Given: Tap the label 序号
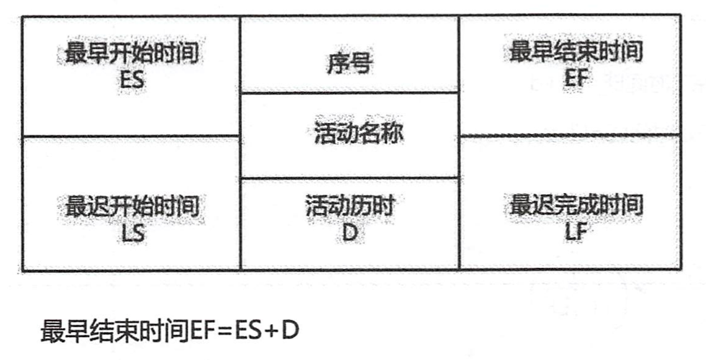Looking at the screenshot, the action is pyautogui.click(x=349, y=66).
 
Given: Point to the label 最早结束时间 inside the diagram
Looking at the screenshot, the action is pyautogui.click(x=576, y=52).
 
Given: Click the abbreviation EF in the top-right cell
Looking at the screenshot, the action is pyautogui.click(x=576, y=76).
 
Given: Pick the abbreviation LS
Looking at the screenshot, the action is pyautogui.click(x=133, y=232).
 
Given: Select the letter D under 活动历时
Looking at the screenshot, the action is pyautogui.click(x=349, y=232).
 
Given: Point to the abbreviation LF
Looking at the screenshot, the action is pyautogui.click(x=576, y=232).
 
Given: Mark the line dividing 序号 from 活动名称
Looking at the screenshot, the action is pyautogui.click(x=349, y=92).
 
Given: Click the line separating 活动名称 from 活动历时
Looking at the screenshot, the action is pyautogui.click(x=349, y=178).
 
